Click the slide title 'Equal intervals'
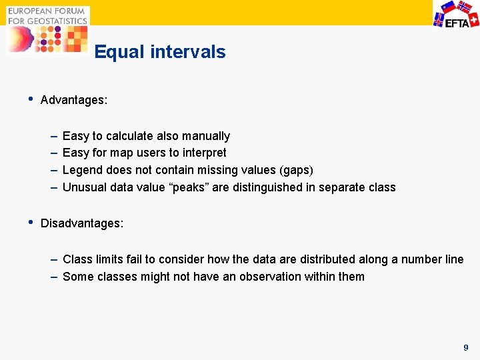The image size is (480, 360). pyautogui.click(x=160, y=52)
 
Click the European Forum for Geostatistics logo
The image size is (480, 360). pyautogui.click(x=47, y=29)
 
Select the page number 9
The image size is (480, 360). pyautogui.click(x=466, y=347)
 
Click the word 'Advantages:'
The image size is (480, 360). pyautogui.click(x=74, y=101)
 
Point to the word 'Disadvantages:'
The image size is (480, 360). pyautogui.click(x=82, y=223)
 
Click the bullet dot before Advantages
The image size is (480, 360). pyautogui.click(x=29, y=99)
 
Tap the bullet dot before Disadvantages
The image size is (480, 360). pyautogui.click(x=29, y=221)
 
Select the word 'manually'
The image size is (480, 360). pyautogui.click(x=207, y=136)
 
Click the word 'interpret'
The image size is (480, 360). pyautogui.click(x=203, y=153)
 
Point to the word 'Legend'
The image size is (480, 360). pyautogui.click(x=81, y=170)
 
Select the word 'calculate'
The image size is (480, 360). pyautogui.click(x=131, y=136)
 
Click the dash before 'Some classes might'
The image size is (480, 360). pyautogui.click(x=53, y=276)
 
